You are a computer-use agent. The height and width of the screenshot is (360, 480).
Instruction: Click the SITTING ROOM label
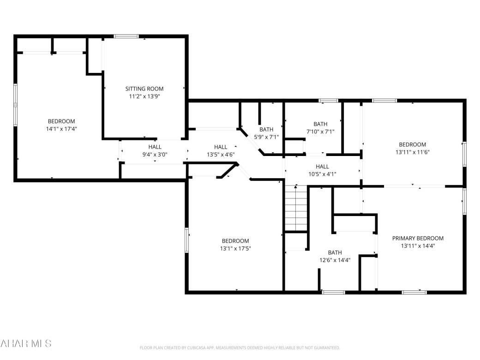click(144, 89)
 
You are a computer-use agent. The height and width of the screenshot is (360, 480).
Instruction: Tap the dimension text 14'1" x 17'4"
click(61, 129)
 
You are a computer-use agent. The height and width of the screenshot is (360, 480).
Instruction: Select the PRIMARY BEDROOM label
click(418, 238)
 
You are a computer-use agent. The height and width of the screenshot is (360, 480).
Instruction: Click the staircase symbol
click(295, 208)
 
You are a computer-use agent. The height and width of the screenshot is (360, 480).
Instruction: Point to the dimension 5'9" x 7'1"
click(266, 137)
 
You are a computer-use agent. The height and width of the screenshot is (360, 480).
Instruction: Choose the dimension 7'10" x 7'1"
click(320, 132)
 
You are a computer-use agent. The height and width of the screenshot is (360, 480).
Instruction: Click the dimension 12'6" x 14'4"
click(335, 260)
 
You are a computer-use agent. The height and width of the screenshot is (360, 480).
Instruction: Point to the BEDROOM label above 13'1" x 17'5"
click(235, 241)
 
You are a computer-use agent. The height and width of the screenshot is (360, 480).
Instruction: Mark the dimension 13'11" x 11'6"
click(412, 152)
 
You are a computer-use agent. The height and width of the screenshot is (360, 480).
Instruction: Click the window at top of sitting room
click(126, 36)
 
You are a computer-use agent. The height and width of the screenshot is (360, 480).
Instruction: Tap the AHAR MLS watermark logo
click(26, 343)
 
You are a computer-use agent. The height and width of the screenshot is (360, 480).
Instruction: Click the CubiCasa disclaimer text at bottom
click(240, 348)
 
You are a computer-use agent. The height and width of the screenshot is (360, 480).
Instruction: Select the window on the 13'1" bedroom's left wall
click(187, 240)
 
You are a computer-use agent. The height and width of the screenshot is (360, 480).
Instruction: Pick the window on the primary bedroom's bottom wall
click(414, 292)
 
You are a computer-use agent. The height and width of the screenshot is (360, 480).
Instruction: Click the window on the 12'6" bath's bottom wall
click(333, 292)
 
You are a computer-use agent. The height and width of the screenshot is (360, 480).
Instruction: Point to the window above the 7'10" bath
click(328, 101)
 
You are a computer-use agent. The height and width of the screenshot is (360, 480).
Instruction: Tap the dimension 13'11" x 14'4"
click(418, 246)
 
